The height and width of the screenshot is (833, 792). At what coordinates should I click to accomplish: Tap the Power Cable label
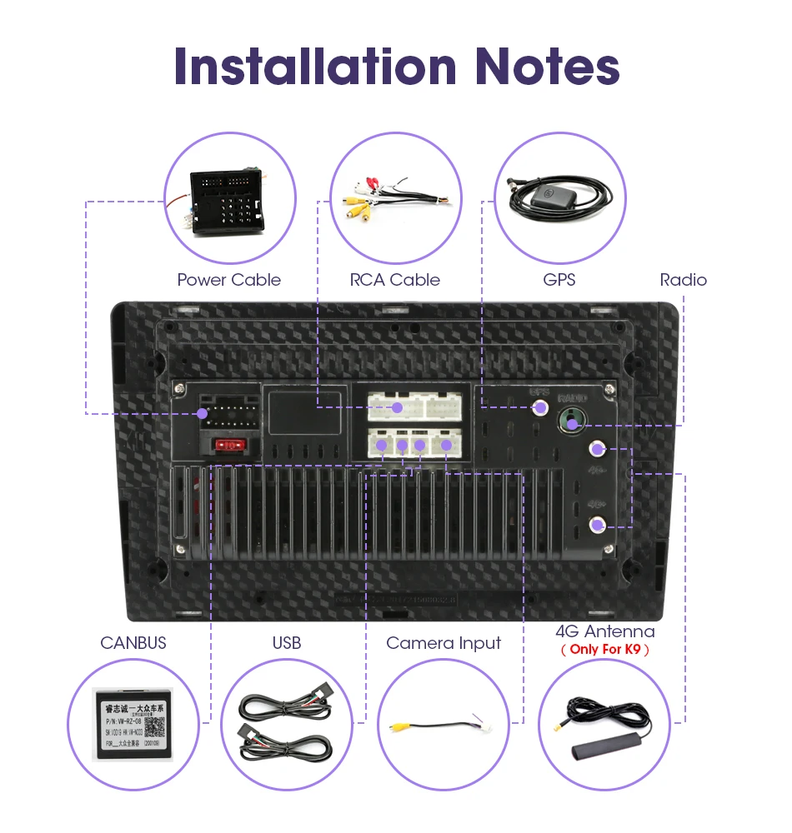point(229,280)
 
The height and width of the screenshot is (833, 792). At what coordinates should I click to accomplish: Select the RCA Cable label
point(395,280)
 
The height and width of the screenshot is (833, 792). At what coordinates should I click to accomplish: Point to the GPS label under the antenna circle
point(559,280)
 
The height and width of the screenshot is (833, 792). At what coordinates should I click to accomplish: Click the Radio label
point(684,280)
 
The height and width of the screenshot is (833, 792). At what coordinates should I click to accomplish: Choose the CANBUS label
point(133,642)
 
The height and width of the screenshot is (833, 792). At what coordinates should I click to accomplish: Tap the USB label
point(287,642)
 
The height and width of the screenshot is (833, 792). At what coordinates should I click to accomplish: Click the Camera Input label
point(444,642)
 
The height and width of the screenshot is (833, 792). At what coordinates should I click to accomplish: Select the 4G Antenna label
point(605,631)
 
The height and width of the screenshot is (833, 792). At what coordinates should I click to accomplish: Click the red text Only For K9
point(605,649)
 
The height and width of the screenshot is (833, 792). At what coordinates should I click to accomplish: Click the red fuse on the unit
point(228,446)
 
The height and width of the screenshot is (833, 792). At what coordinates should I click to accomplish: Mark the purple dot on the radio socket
point(572,425)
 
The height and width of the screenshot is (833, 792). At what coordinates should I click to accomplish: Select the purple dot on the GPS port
point(540,407)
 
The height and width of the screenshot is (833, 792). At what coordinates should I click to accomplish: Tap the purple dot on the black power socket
point(202,414)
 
